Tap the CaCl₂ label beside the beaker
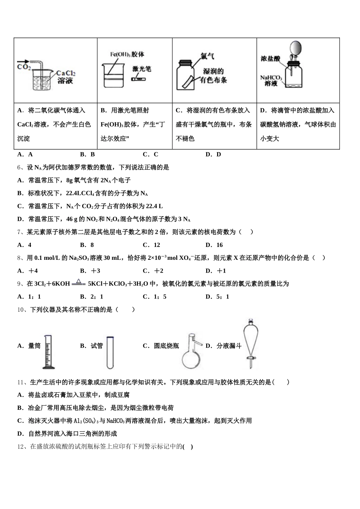click(66, 73)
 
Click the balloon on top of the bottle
click(296, 48)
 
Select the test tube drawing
click(110, 352)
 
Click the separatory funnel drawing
click(250, 343)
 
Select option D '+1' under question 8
click(216, 271)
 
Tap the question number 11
click(22, 382)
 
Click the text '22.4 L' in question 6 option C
click(154, 206)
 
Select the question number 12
click(22, 447)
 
